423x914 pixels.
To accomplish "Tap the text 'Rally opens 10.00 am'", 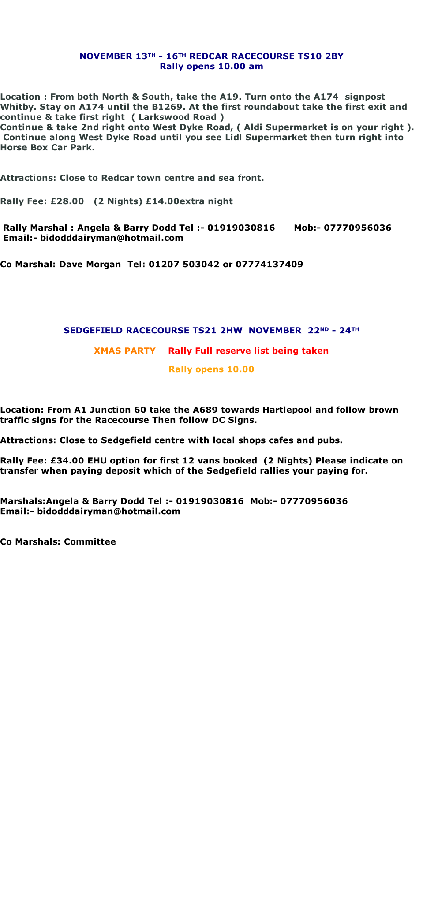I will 211,67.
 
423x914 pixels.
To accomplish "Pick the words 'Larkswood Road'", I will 177,117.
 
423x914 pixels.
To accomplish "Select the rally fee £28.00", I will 67,201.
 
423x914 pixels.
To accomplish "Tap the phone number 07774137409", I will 269,265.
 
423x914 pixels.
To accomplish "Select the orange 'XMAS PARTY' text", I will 124,351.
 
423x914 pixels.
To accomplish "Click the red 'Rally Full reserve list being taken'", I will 248,351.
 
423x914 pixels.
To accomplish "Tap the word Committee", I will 90,542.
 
